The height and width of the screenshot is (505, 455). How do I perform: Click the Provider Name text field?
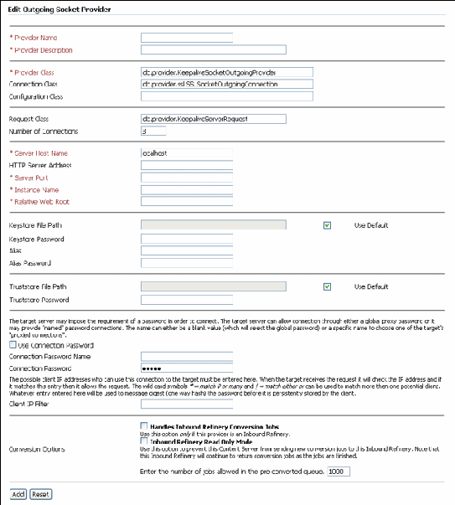186,38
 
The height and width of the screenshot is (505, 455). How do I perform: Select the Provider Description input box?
214,50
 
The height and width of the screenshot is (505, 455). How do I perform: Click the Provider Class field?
226,73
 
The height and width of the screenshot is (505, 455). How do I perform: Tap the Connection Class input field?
226,85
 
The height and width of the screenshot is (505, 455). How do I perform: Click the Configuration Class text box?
226,96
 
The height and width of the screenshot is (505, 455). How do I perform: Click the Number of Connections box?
153,131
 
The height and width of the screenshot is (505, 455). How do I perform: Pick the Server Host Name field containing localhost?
186,153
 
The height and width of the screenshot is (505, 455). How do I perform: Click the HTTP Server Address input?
186,165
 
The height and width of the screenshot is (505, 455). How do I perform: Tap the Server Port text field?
186,178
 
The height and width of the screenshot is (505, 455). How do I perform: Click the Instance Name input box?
186,189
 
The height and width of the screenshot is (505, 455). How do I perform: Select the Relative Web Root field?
186,201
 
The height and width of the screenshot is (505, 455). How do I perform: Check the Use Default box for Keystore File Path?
327,226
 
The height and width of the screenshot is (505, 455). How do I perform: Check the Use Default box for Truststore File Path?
327,286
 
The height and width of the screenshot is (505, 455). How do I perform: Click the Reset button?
40,495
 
